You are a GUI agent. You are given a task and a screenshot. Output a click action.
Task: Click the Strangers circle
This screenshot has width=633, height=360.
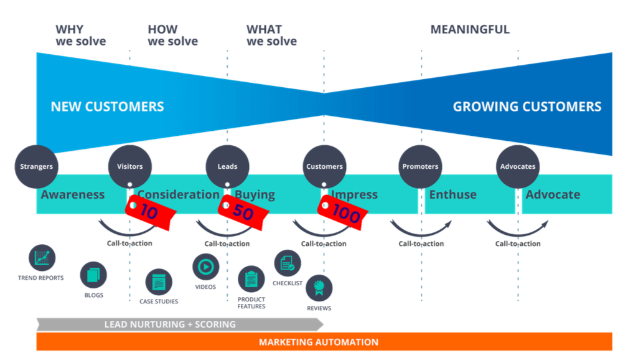[x=36, y=166]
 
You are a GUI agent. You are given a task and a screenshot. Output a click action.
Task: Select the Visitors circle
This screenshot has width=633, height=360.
[x=129, y=166]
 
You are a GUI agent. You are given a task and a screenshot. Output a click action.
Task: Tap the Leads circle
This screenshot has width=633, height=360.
[x=227, y=166]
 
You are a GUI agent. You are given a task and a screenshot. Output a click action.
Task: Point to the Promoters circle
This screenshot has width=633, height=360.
[x=420, y=166]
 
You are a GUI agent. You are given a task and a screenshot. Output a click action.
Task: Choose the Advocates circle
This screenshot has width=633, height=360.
[x=518, y=166]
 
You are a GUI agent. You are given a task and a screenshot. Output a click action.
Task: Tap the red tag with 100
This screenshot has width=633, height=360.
[x=341, y=212]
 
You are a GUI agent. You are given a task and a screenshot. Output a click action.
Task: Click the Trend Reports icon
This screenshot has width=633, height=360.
[x=42, y=257]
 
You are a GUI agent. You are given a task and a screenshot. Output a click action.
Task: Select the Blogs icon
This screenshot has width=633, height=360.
[x=93, y=275]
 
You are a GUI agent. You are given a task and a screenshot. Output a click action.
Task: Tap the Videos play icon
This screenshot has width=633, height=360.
[x=205, y=267]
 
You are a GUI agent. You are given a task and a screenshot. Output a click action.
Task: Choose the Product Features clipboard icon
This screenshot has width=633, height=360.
[x=251, y=278]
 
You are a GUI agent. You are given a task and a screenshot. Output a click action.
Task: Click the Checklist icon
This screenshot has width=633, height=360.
[x=287, y=263]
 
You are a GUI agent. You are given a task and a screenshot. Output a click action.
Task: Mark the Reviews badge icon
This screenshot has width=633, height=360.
[x=319, y=288]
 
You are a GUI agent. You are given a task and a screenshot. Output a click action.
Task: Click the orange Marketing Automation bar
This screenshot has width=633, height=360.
[x=324, y=342]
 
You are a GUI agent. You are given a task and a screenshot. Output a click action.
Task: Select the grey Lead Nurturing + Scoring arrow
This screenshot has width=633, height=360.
[x=179, y=324]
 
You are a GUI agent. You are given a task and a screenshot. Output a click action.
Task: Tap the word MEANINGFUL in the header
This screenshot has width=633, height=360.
[x=470, y=29]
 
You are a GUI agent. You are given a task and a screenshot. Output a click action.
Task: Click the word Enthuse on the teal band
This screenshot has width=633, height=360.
[x=452, y=194]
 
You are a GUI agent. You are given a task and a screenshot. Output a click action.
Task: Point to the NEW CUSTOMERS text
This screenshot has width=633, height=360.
[x=107, y=107]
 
